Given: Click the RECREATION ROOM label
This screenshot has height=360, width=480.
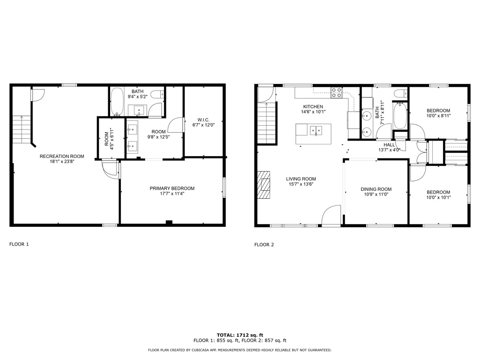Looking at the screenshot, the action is click(62, 157).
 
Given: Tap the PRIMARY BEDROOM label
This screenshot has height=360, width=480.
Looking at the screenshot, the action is click(172, 188).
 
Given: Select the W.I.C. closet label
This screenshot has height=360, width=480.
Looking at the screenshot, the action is click(203, 120).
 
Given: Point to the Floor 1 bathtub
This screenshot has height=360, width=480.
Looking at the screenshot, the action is click(117, 102).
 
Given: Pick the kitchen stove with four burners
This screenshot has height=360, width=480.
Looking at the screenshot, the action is click(336, 93).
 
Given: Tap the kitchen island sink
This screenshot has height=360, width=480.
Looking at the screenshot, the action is click(316, 130).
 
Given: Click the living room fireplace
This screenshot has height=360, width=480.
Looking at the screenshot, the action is click(264, 185).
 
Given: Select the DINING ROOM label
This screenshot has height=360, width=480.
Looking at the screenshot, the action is click(376, 189).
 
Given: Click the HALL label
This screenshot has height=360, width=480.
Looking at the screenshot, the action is click(389, 145).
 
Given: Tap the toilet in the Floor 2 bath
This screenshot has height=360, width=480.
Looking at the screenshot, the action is click(400, 93).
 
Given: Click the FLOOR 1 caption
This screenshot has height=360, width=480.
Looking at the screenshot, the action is click(19, 244).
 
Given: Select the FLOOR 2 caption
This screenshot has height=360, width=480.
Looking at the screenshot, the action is click(264, 245).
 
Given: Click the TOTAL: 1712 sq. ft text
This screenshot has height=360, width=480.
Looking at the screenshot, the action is click(240, 335).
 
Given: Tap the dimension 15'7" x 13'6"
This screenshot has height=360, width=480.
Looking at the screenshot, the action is click(301, 184).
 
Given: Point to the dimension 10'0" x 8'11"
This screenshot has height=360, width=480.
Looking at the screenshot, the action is click(438, 116).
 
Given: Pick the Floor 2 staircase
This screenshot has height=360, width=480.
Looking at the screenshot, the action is click(267, 123).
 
